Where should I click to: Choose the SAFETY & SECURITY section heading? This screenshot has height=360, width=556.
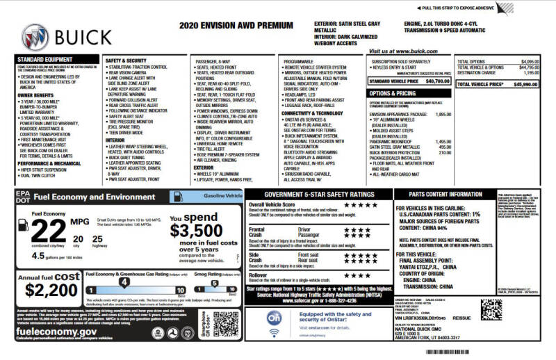coord(126,60)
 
